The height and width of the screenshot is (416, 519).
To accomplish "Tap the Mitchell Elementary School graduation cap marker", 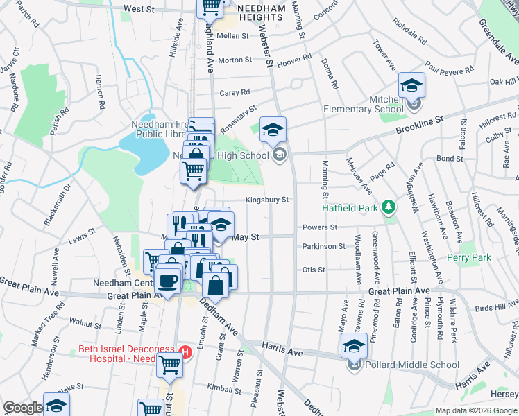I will (411, 86).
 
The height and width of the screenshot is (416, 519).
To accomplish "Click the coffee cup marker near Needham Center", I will (167, 280).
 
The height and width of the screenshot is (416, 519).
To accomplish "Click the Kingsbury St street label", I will (266, 200).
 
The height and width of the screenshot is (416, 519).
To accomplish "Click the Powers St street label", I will (319, 227).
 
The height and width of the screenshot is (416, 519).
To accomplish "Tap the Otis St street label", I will (313, 270).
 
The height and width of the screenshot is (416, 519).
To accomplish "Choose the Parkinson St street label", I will (323, 246).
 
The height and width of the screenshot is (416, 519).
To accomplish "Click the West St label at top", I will (139, 9).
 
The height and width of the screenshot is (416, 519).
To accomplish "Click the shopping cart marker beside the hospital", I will (169, 364).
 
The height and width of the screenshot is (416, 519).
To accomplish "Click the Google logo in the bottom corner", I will (22, 408).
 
